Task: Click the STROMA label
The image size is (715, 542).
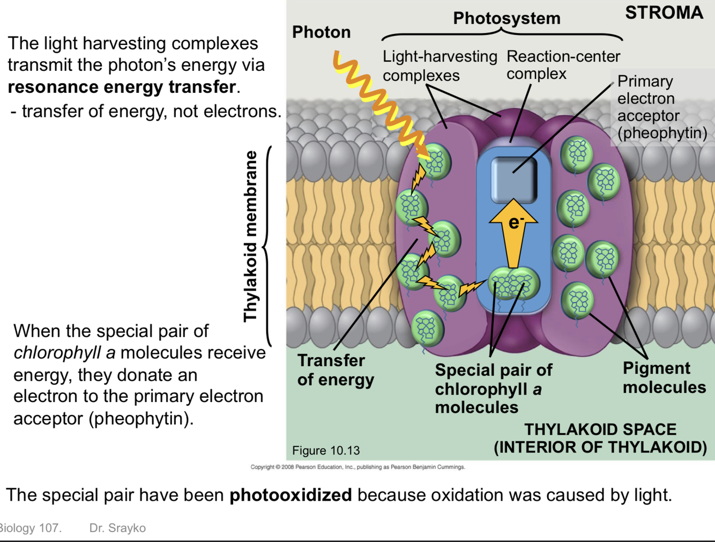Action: [664, 13]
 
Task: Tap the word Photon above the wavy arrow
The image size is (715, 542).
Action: [321, 32]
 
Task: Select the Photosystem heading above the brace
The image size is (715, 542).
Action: [507, 18]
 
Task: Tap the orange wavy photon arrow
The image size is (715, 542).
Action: [381, 102]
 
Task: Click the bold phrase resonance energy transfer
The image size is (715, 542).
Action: [122, 87]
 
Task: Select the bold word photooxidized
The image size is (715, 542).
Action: [291, 495]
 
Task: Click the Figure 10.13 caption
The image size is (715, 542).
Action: [326, 450]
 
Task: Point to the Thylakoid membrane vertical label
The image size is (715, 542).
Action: [250, 236]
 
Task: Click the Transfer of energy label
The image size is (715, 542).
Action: [336, 370]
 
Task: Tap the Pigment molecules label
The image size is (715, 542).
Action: [664, 377]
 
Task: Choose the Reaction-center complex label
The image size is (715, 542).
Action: [563, 65]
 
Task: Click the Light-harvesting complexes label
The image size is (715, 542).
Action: [440, 65]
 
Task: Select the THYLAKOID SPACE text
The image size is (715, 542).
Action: [600, 429]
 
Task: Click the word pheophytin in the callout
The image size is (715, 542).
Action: [662, 133]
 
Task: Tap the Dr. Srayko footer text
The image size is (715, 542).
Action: [117, 528]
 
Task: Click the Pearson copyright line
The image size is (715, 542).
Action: [358, 467]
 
